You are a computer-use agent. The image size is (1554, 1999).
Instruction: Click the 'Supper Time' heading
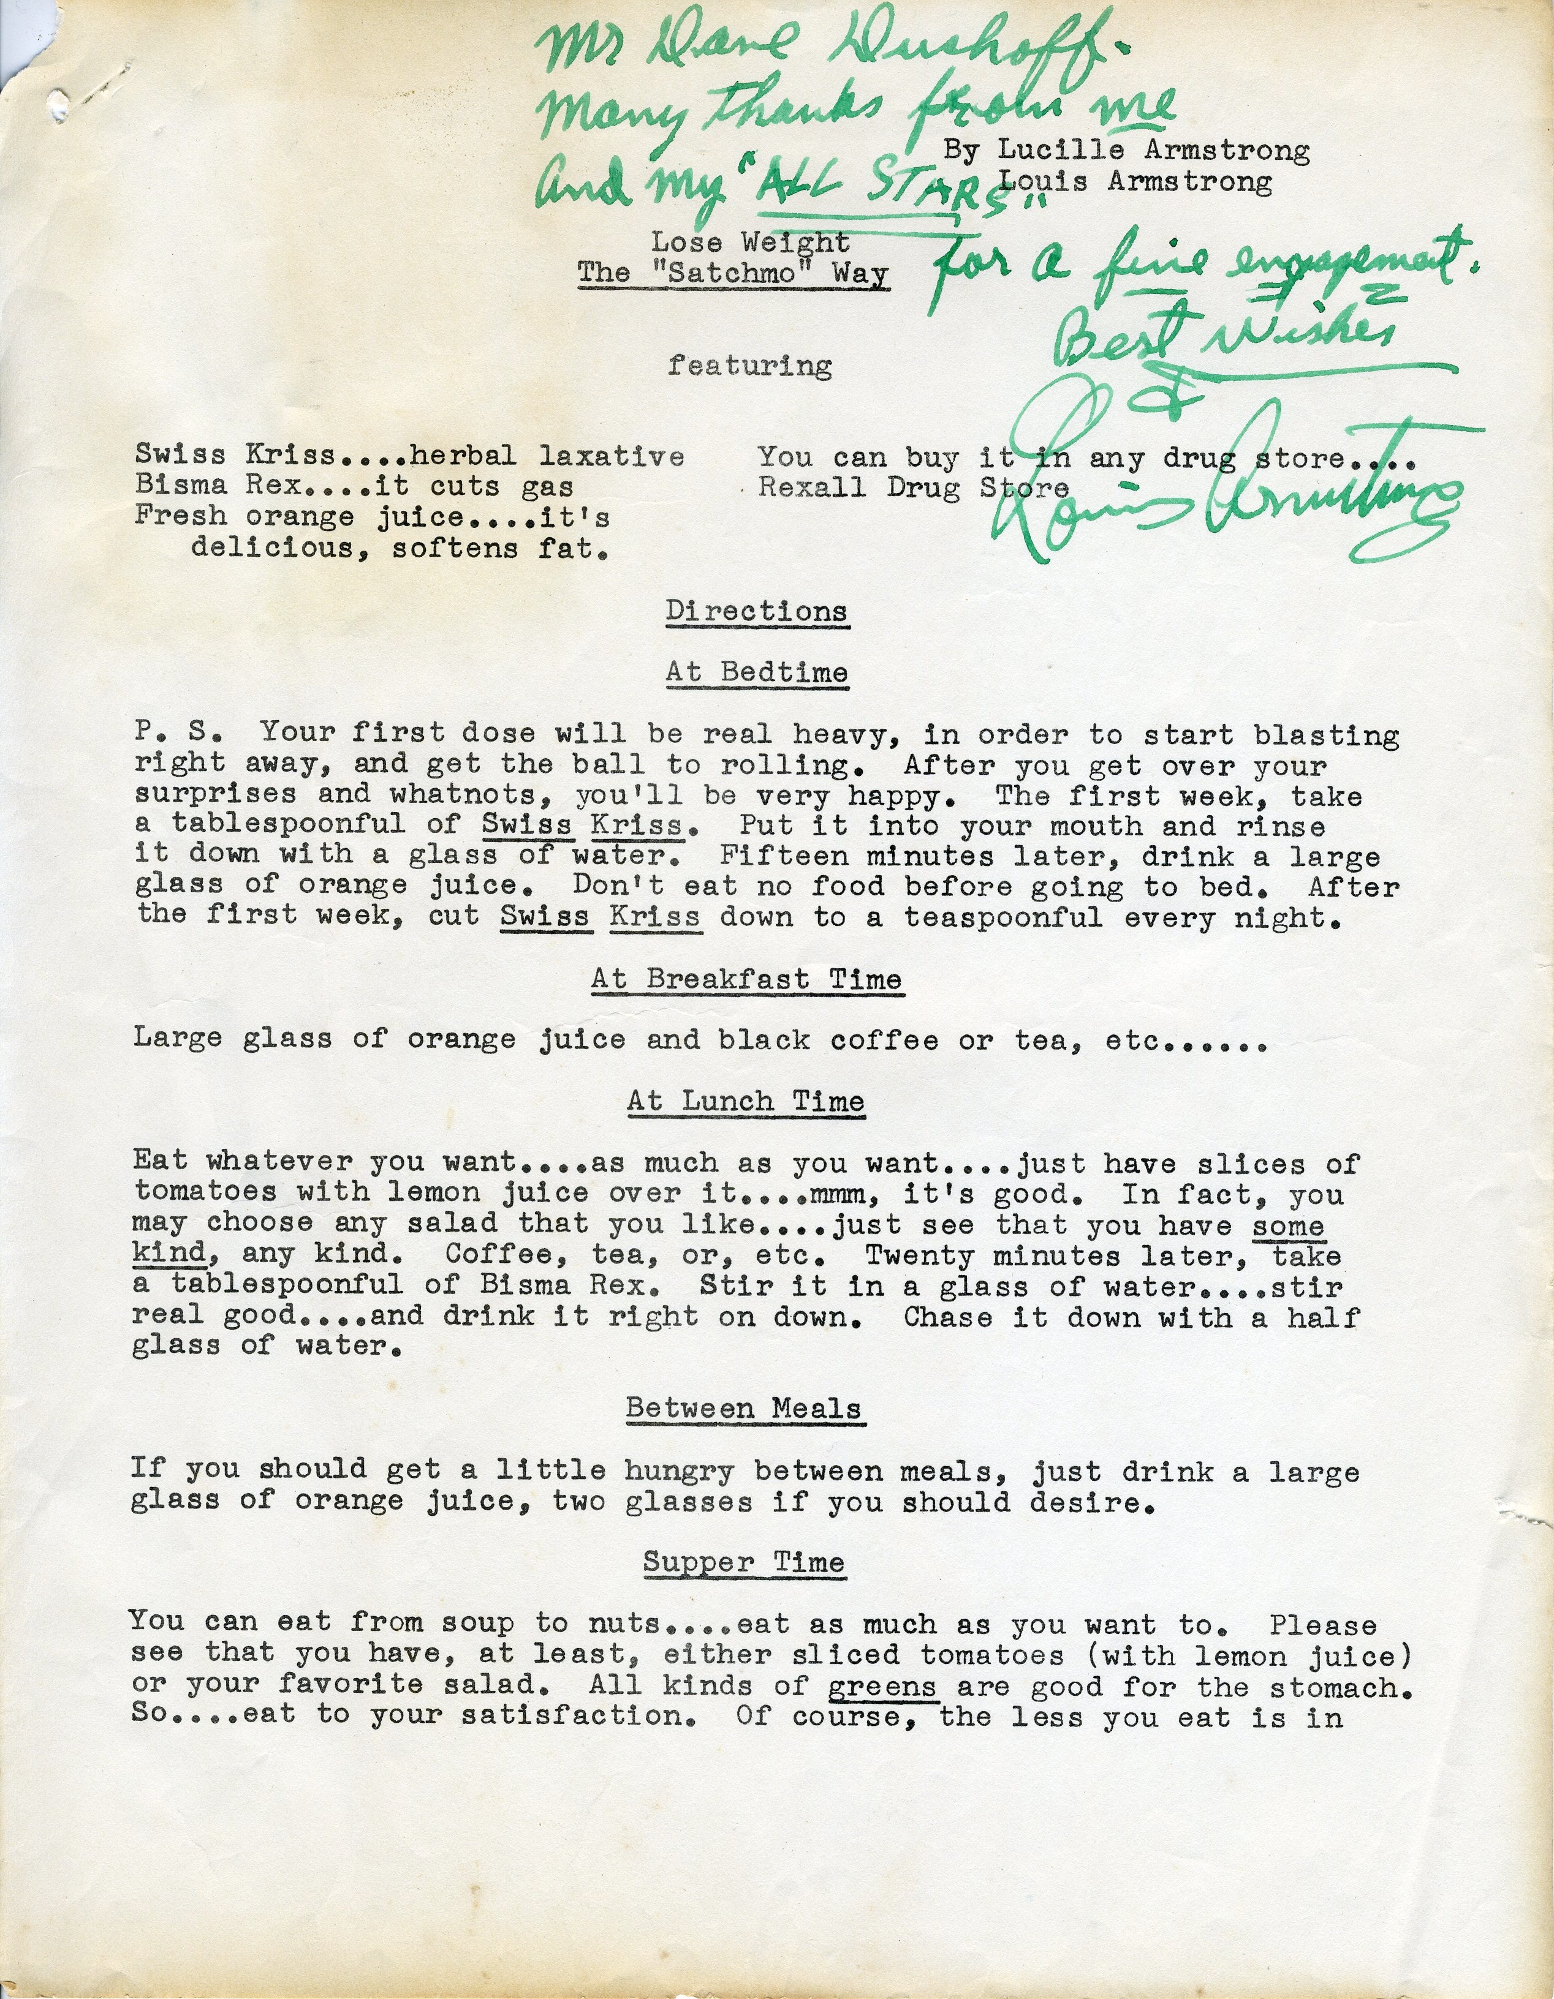point(743,1562)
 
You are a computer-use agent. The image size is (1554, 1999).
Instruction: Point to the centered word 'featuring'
point(749,365)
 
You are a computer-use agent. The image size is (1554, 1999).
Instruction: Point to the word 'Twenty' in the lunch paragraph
point(919,1255)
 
